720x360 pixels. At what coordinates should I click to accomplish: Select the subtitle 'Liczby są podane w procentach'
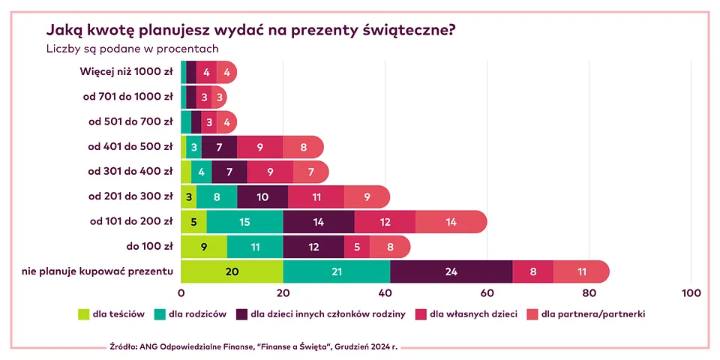tap(132, 49)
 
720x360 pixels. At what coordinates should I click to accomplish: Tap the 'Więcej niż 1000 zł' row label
tap(126, 72)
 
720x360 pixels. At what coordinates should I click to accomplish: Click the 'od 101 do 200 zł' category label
tap(131, 221)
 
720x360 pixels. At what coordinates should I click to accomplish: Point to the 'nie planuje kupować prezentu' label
tap(97, 271)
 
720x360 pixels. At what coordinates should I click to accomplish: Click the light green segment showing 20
tap(232, 271)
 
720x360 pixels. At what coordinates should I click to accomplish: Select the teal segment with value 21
tap(337, 271)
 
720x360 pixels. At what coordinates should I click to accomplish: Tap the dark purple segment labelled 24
tap(451, 271)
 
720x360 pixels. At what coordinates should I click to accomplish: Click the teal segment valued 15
tap(244, 221)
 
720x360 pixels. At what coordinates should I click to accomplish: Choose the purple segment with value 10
tap(262, 196)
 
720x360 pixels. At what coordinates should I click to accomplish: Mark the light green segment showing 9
tap(204, 246)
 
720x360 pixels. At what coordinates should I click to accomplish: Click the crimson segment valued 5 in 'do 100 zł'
tap(357, 246)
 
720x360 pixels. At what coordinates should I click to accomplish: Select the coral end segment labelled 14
tap(450, 221)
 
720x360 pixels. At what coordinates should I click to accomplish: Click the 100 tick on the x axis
tap(690, 293)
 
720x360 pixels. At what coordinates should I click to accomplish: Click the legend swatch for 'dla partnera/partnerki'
tap(533, 314)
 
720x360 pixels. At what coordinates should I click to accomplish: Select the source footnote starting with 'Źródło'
tap(253, 347)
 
